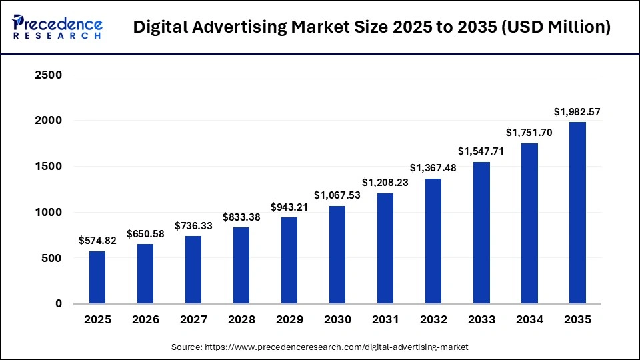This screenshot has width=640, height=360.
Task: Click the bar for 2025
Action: point(97,277)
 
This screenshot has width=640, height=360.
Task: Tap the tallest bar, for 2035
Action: point(577,213)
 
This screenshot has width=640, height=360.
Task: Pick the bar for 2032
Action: point(433,241)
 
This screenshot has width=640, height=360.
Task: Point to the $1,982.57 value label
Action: point(577,112)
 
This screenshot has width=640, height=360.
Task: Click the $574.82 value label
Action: point(97,241)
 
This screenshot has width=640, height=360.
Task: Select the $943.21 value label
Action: point(289,207)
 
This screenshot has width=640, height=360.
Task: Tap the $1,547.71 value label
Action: point(481,151)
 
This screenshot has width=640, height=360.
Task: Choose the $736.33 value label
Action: point(193,226)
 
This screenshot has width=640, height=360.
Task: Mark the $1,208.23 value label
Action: point(385,183)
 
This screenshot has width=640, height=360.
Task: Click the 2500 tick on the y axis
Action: point(48,75)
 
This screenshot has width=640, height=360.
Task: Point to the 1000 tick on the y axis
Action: point(48,213)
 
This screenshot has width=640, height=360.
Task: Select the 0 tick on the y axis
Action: point(59,304)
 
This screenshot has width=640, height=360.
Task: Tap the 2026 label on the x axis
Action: point(145,320)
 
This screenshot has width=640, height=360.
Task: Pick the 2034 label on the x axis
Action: point(529,320)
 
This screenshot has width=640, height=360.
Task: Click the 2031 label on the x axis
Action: point(385,320)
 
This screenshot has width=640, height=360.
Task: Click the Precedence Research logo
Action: point(57,27)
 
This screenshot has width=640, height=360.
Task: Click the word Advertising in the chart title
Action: point(231,27)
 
